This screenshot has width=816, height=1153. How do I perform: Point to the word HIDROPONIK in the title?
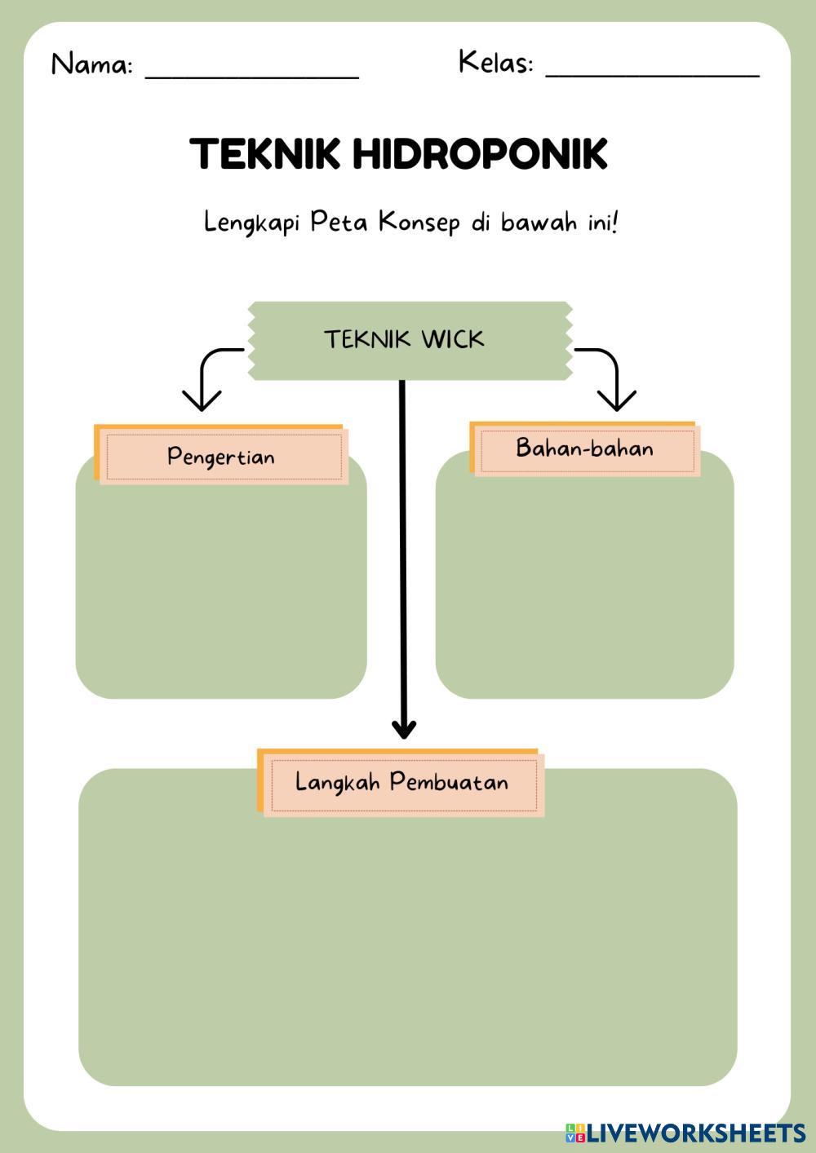click(481, 153)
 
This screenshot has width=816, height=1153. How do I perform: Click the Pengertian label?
click(221, 456)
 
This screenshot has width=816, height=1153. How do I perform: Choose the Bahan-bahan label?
click(584, 448)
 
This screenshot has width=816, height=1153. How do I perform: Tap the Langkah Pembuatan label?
click(401, 782)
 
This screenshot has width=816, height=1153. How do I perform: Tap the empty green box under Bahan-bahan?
click(584, 587)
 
